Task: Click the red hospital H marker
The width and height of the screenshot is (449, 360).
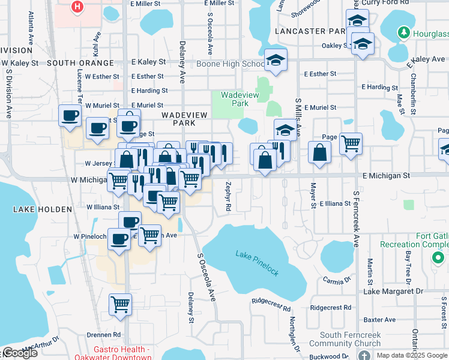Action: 77,7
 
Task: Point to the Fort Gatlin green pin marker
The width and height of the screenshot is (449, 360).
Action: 438,259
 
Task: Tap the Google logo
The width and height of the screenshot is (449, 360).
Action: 20,353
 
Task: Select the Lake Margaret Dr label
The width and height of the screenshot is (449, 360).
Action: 393,292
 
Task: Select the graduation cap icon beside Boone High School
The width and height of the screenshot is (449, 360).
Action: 276,60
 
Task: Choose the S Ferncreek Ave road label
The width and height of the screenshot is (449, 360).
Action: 356,220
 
